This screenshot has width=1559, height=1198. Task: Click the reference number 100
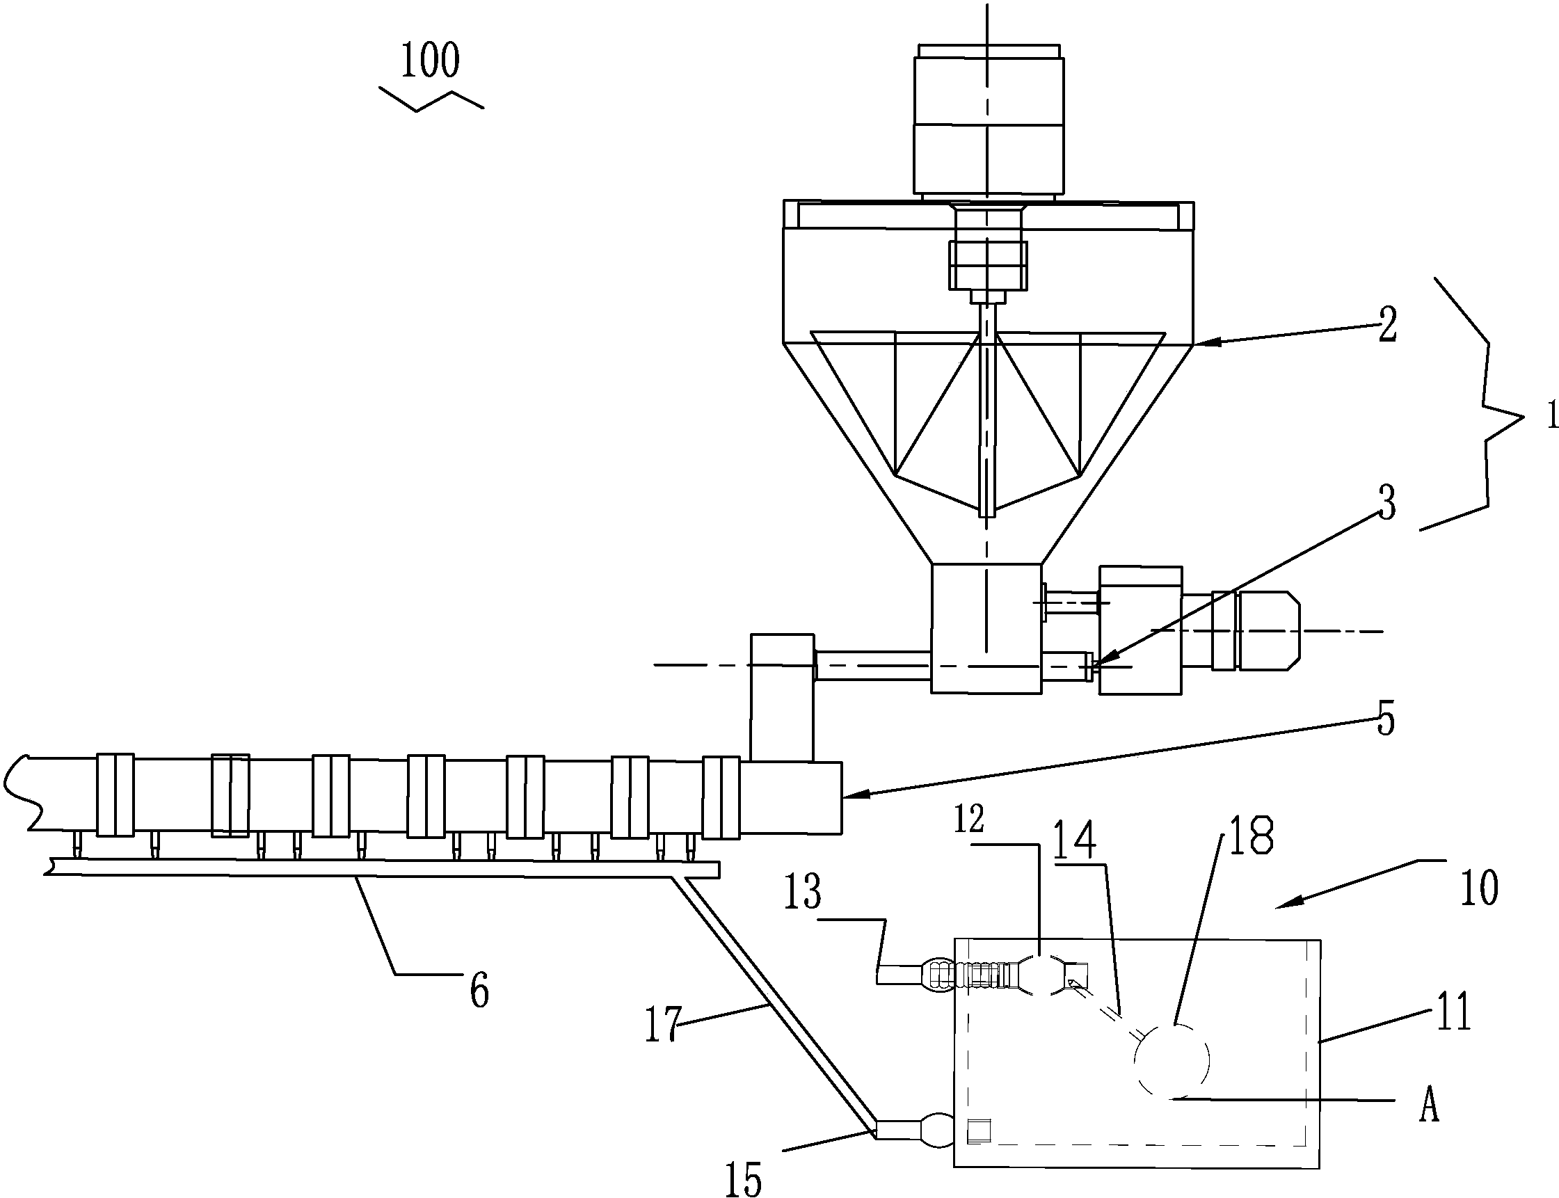coord(430,61)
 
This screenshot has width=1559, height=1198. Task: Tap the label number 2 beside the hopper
coord(1387,325)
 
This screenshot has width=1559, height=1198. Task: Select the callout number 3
coord(1386,503)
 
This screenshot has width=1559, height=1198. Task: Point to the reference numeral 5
coord(1385,719)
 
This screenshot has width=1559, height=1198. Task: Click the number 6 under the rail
coord(479,991)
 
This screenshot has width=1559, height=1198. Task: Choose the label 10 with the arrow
coord(1479,888)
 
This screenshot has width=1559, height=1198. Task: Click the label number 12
coord(969,820)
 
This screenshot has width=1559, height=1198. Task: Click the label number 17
coord(663,1025)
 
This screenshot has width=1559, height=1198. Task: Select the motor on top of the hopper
coord(988,121)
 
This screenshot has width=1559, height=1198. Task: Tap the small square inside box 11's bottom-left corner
coord(979,1132)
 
